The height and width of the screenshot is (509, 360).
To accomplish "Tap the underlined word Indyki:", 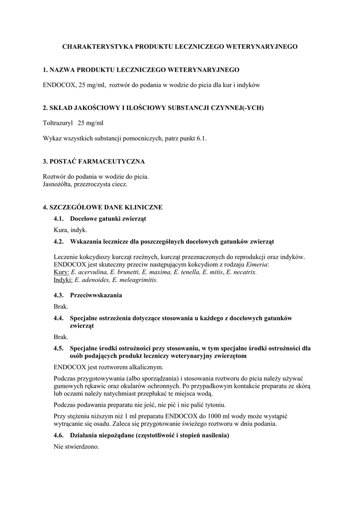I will tap(63, 280).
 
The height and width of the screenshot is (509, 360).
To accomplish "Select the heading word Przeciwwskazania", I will tap(96, 295).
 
